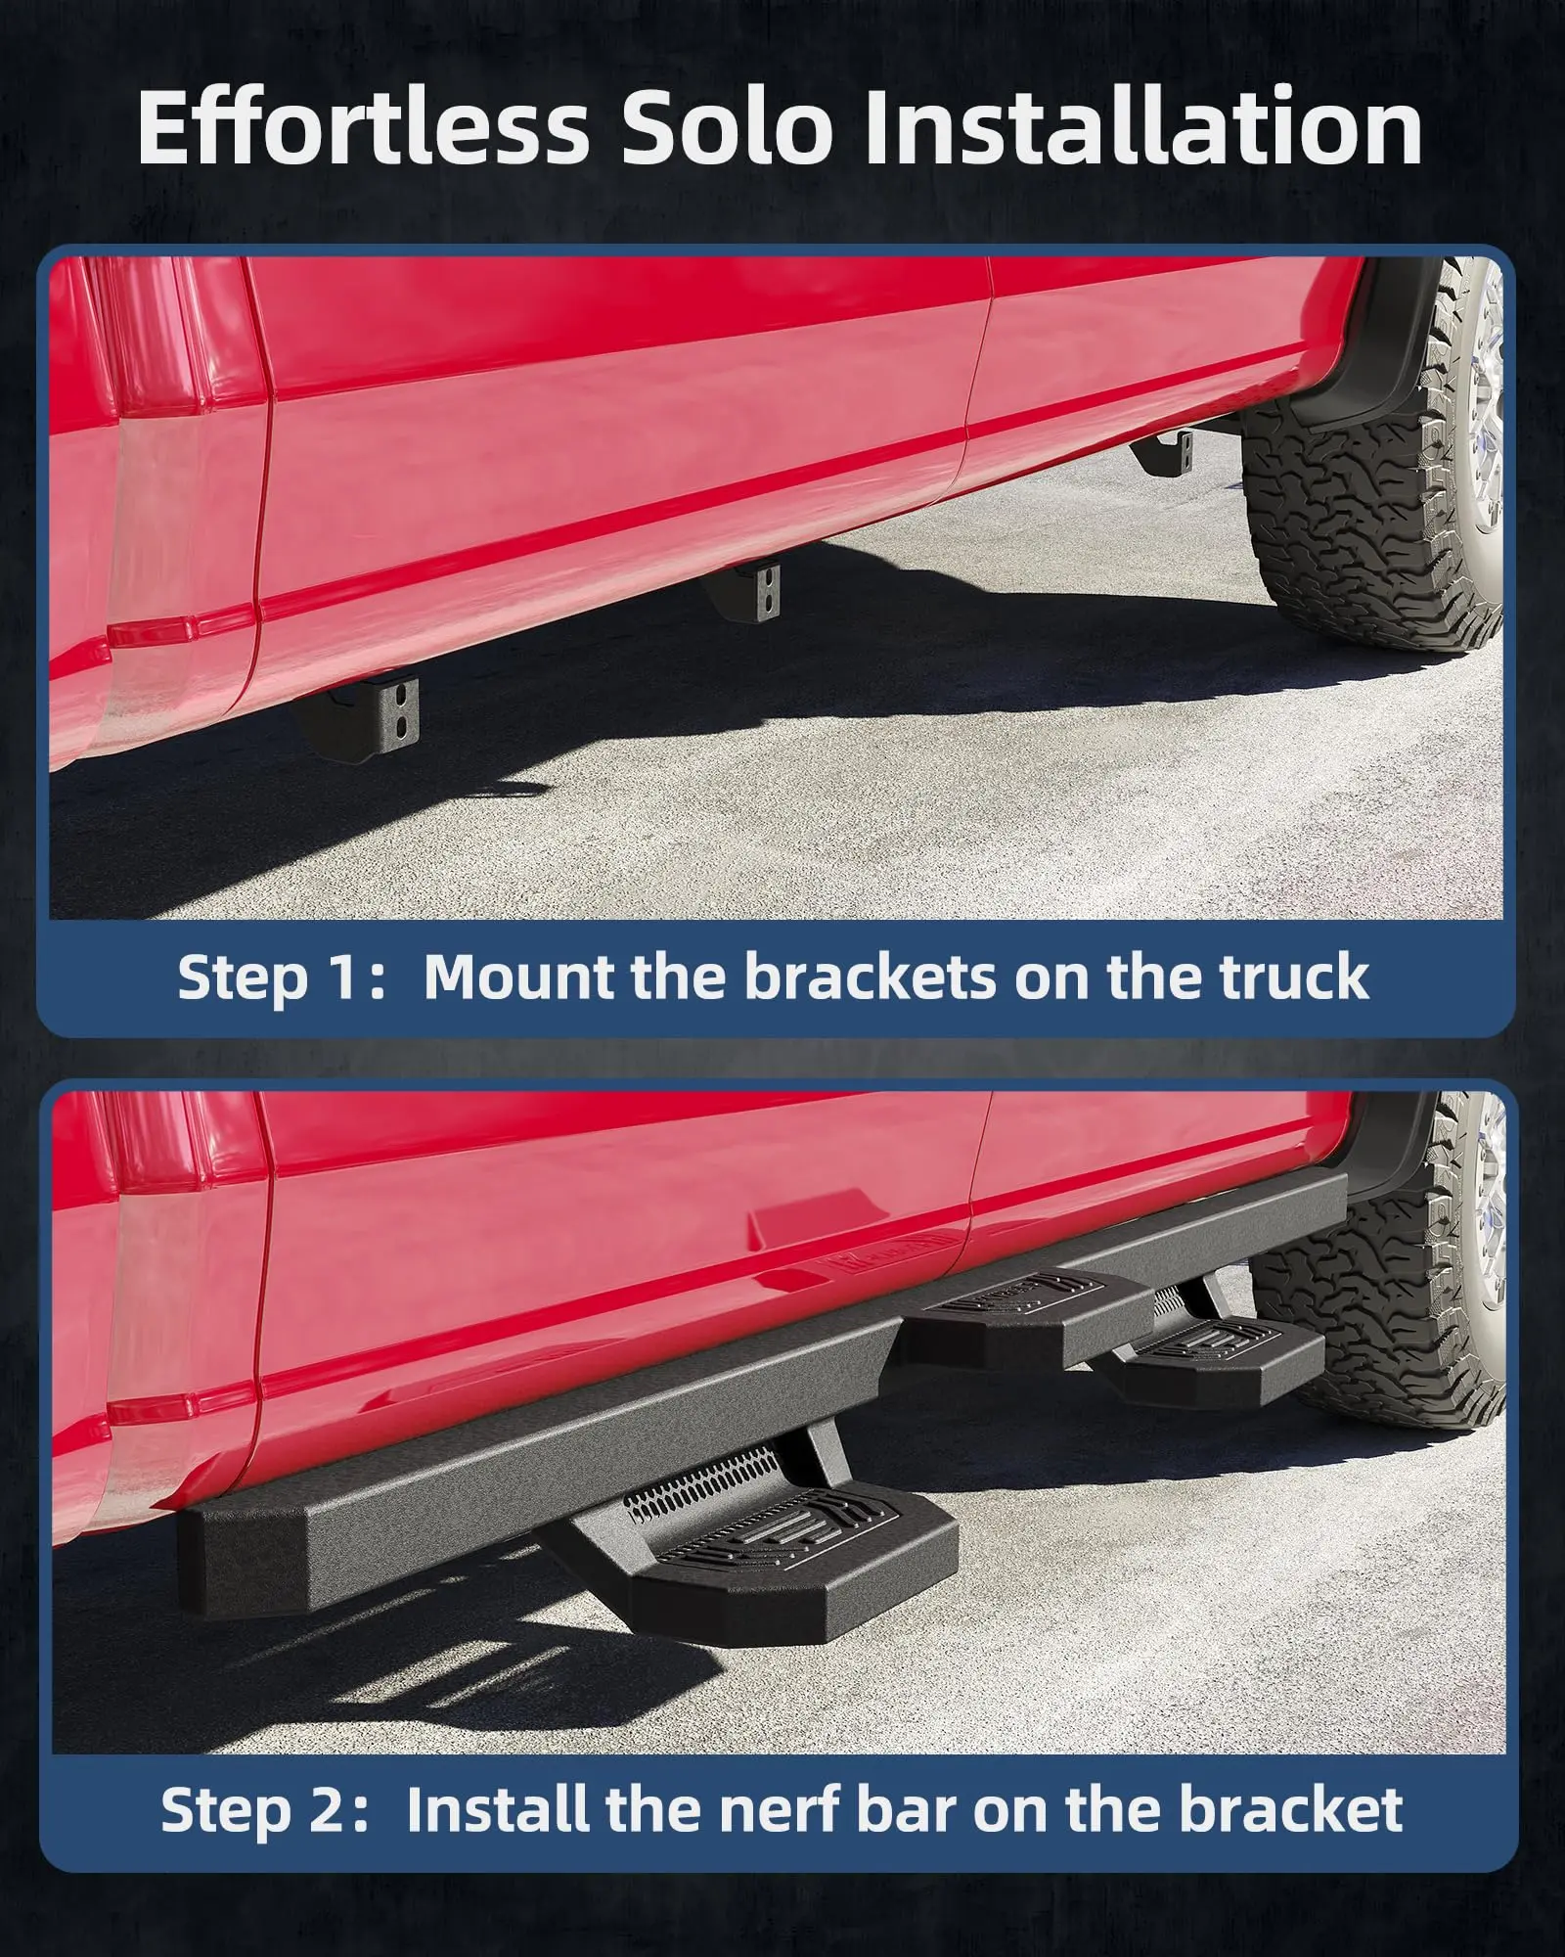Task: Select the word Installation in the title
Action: click(1142, 126)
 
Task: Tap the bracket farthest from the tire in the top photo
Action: click(362, 710)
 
